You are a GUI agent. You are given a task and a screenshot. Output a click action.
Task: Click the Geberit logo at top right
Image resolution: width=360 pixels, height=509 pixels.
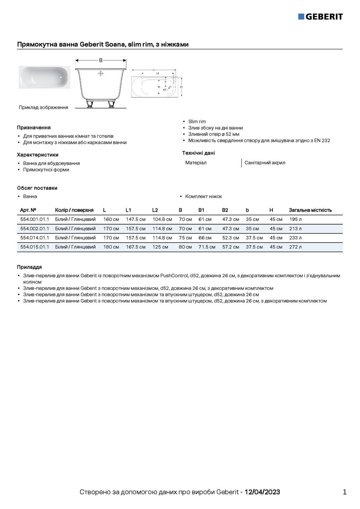(x=320, y=16)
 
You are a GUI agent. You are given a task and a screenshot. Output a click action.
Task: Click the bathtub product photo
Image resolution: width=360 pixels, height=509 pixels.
(x=44, y=77)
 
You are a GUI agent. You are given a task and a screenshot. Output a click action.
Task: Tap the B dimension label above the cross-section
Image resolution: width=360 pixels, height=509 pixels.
(x=101, y=60)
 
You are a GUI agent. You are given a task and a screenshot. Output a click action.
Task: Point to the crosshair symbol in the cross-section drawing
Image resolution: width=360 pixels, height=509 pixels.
(x=101, y=73)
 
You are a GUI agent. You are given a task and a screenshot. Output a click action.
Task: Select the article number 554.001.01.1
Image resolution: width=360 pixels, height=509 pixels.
(x=34, y=219)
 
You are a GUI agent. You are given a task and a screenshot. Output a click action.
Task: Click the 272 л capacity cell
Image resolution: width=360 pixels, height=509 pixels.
(x=296, y=247)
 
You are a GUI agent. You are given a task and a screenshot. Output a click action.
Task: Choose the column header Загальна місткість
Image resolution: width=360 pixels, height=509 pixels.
(x=310, y=210)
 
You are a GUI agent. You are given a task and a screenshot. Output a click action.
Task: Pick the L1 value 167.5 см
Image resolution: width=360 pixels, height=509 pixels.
(x=136, y=247)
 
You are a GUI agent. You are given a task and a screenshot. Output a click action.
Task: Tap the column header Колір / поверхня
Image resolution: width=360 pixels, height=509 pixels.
(x=74, y=210)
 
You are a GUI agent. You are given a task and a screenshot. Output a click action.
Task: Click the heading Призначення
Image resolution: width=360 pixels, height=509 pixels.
(x=34, y=128)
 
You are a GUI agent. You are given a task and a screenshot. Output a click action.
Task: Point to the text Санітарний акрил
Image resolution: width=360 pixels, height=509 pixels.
(x=265, y=163)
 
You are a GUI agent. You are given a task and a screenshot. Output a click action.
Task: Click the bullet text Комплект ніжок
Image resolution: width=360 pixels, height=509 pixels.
(x=204, y=196)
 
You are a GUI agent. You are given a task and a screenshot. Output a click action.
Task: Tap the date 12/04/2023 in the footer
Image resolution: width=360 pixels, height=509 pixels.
(x=262, y=492)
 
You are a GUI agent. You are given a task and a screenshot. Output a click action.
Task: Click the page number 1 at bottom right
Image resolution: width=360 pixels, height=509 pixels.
(x=344, y=492)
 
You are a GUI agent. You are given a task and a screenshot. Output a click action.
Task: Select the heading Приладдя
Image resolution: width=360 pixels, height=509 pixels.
(x=29, y=267)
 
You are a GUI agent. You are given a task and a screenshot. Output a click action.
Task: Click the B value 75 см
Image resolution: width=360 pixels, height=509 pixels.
(x=185, y=238)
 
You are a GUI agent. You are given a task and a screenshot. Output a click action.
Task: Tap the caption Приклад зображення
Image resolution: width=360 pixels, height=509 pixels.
(x=43, y=107)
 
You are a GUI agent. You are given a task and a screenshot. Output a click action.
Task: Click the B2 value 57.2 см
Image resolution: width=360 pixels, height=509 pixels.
(x=231, y=247)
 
